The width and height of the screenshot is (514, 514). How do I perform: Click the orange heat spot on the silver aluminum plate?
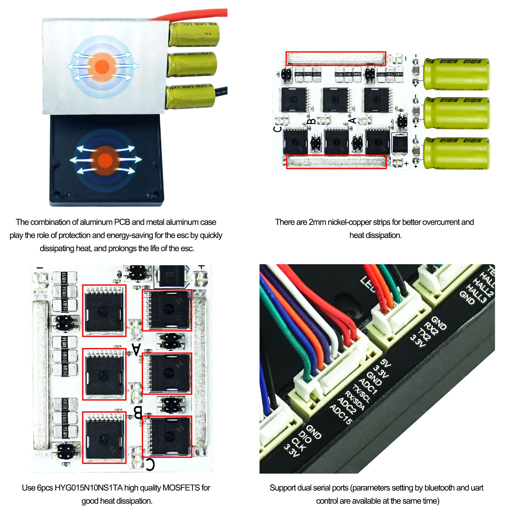tap(102, 67)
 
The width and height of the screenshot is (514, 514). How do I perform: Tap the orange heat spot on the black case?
tap(105, 160)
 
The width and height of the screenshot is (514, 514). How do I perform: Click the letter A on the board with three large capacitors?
tap(353, 120)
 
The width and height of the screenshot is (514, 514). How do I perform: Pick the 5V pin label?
tap(385, 363)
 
